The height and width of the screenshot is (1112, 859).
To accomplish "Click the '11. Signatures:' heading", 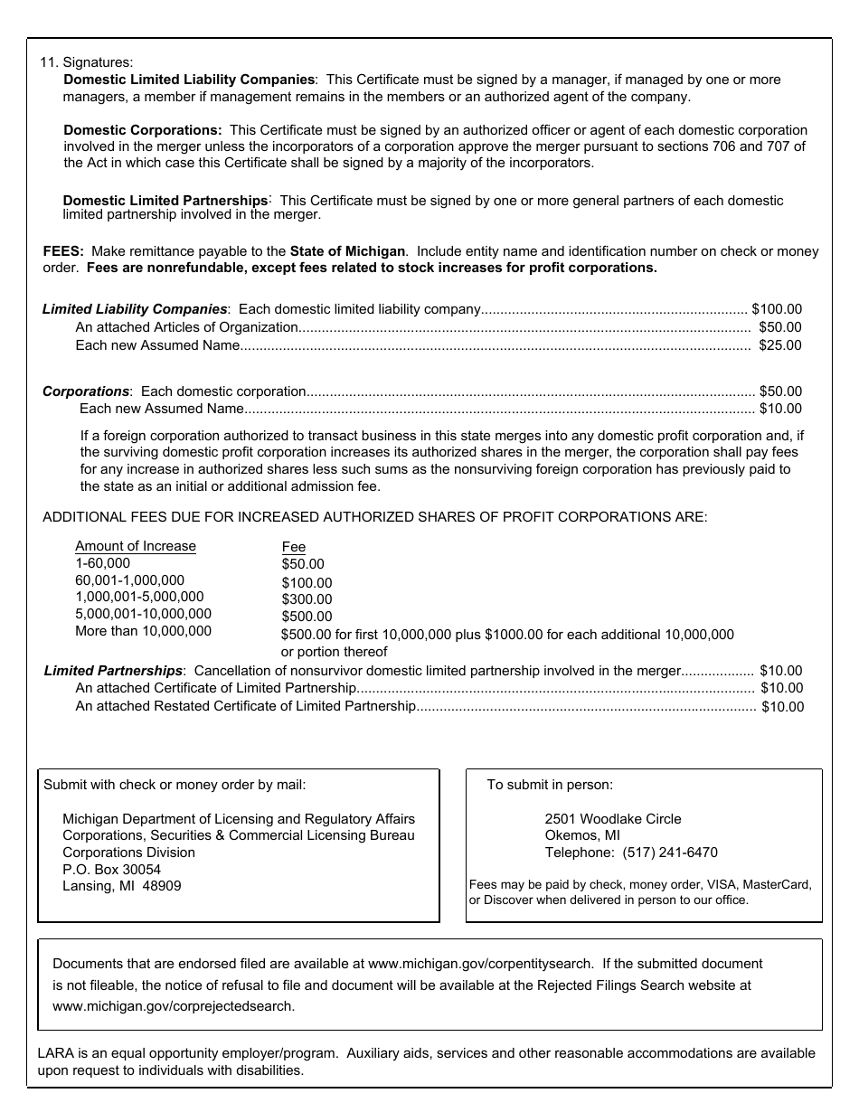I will pos(86,62).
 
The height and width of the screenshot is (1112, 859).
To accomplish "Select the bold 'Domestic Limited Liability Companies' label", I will pos(189,80).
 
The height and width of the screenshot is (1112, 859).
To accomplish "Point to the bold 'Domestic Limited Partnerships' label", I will pos(165,200).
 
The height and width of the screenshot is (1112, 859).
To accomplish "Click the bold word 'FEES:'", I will pos(63,250).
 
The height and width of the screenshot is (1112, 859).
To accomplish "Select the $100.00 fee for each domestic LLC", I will pos(777,309).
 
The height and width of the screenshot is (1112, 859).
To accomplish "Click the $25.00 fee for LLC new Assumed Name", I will pos(780,345).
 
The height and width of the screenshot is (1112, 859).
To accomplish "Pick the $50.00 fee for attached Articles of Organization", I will pos(780,327).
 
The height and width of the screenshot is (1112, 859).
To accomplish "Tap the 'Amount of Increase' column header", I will pos(136,546).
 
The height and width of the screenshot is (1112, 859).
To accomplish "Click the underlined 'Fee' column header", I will pos(294,547).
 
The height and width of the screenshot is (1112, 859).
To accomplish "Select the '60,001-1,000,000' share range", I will pos(129,580).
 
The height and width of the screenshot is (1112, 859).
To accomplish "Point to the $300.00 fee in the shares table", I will pos(307,599).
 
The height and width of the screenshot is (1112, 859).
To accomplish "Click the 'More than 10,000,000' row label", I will pos(143,631).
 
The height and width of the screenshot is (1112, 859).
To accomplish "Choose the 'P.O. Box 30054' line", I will pos(111,869).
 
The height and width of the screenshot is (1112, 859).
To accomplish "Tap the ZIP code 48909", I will pos(162,886).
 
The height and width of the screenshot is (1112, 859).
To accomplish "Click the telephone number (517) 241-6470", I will pos(670,853).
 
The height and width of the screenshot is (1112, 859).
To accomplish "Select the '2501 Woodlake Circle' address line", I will pos(613,818).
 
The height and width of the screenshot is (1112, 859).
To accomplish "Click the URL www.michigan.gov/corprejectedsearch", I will pos(173,1005).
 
